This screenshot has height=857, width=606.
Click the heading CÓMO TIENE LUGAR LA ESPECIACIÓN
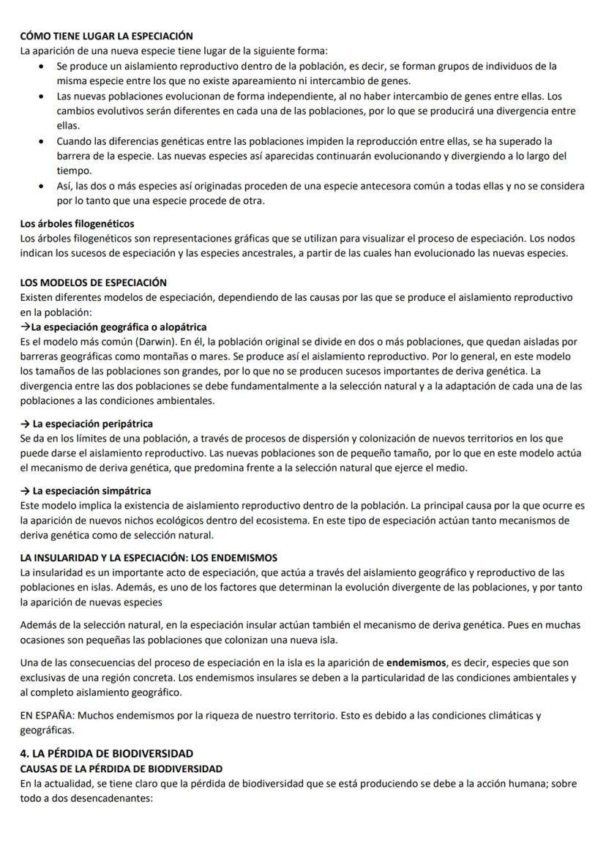(107, 36)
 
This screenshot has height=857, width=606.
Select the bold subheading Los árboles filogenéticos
(77, 223)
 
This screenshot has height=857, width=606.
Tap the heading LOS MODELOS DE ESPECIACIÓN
(94, 282)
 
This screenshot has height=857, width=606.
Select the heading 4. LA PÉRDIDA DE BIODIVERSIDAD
(107, 753)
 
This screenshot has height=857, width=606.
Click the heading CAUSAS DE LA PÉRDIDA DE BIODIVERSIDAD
(121, 768)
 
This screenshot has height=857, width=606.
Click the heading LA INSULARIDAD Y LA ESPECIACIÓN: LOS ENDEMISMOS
(149, 558)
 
